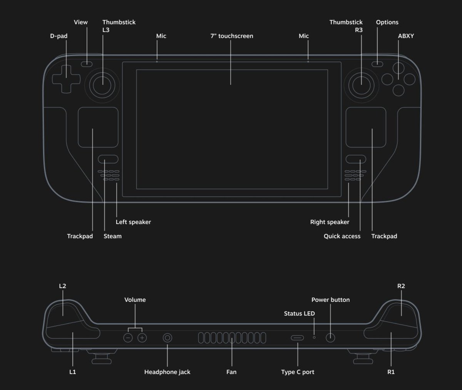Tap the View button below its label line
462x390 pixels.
pos(87,63)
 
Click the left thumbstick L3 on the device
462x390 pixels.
pos(103,80)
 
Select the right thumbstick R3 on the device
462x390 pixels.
pos(361,80)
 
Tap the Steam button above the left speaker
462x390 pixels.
pos(108,159)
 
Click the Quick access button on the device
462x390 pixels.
pos(356,159)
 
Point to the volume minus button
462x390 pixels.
pos(128,338)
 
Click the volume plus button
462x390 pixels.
pos(142,338)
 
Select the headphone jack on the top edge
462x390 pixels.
pos(167,338)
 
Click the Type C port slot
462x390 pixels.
pos(297,338)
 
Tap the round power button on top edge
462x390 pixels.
pos(330,338)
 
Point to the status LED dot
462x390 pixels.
pos(314,337)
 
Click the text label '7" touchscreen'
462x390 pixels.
pos(231,36)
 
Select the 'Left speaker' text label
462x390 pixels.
pos(133,222)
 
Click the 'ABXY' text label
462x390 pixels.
pos(406,36)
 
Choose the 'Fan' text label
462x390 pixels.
pos(231,372)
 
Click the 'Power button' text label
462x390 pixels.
pos(330,300)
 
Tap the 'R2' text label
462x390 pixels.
pos(401,286)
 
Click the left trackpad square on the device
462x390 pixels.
pos(98,127)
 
